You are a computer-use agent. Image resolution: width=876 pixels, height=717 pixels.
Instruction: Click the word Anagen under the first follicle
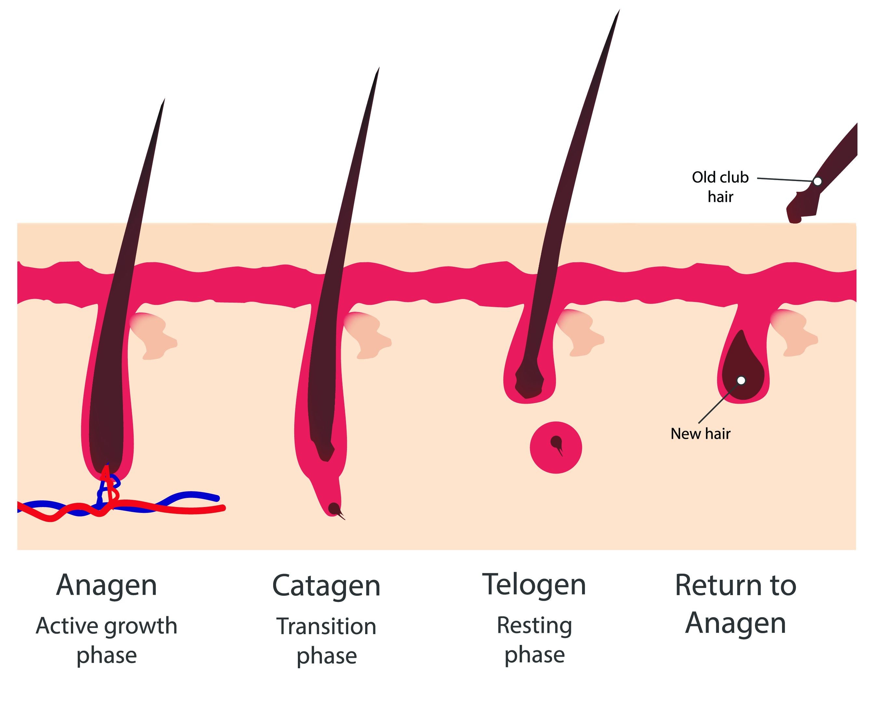click(107, 586)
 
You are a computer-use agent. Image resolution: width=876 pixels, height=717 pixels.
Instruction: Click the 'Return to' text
click(735, 586)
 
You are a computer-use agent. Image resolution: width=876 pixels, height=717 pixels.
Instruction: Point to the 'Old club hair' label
click(720, 187)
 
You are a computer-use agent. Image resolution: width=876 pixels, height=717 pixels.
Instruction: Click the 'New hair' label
click(700, 434)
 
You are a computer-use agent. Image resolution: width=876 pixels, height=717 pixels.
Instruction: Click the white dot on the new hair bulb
click(741, 380)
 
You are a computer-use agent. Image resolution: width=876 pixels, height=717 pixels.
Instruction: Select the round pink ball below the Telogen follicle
click(556, 448)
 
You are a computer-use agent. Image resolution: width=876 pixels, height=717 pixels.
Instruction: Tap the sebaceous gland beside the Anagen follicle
click(154, 335)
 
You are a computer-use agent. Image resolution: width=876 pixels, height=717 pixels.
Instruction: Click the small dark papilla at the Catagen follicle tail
click(333, 508)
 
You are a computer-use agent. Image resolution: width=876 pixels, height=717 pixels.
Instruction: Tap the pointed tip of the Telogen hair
click(618, 12)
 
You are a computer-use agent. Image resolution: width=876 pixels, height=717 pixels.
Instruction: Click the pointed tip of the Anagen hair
click(164, 100)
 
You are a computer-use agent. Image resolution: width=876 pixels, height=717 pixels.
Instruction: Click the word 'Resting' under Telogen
click(534, 625)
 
